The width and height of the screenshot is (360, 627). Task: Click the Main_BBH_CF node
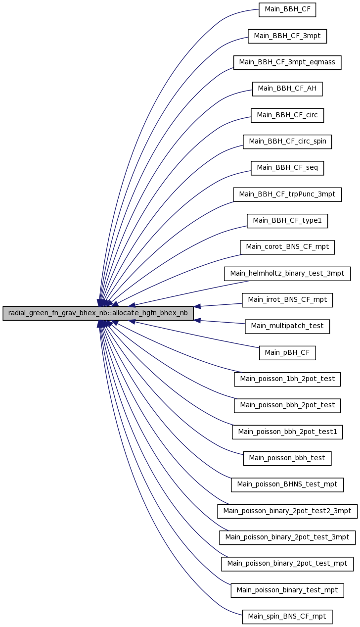[x=287, y=10]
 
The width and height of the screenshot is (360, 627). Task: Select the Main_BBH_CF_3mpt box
[x=287, y=36]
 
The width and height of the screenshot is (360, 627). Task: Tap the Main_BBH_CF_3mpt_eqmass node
[x=287, y=62]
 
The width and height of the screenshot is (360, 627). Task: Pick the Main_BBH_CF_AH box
[x=287, y=89]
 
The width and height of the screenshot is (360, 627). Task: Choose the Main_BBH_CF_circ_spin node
[x=287, y=142]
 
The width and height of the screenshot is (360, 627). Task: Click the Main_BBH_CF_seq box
[x=287, y=168]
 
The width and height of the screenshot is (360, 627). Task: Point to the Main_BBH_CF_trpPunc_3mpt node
[x=287, y=194]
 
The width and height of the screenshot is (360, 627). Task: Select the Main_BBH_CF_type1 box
[x=287, y=221]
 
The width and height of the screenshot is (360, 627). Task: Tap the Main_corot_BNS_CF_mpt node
[x=287, y=247]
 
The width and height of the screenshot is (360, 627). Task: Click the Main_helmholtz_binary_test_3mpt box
[x=287, y=274]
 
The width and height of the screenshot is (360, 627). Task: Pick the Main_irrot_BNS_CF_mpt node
[x=287, y=300]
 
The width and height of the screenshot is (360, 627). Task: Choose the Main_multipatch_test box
[x=287, y=327]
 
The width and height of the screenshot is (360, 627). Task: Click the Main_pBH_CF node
[x=287, y=353]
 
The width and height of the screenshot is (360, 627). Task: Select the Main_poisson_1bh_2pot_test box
[x=287, y=379]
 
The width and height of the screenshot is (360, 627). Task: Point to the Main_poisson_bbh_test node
[x=287, y=458]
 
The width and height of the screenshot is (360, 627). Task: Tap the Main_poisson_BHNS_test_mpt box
[x=287, y=485]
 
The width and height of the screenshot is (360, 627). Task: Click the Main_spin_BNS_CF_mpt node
[x=287, y=617]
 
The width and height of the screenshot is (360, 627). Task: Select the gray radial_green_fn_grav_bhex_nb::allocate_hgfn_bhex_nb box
[x=98, y=313]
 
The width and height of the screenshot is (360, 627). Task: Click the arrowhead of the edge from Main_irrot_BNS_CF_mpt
[x=197, y=306]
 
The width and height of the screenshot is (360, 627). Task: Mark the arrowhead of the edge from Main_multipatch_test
[x=197, y=320]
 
